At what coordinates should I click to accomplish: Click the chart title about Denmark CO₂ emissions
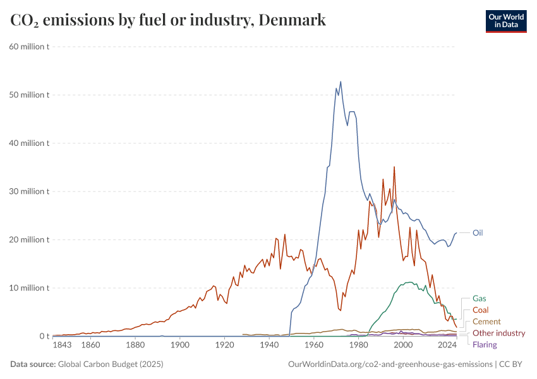(x=168, y=20)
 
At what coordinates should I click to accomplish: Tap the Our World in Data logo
(x=505, y=21)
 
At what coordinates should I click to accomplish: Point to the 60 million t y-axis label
(x=30, y=47)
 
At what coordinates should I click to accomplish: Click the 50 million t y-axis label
(x=30, y=95)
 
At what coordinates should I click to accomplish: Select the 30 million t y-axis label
(x=30, y=191)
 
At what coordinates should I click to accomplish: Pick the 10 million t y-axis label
(x=30, y=288)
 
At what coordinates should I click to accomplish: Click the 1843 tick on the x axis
(x=61, y=346)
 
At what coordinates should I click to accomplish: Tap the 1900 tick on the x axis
(x=180, y=346)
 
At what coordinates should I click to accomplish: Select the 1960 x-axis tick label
(x=314, y=346)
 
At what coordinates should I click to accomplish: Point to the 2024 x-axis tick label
(x=447, y=346)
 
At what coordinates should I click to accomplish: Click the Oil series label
(x=478, y=232)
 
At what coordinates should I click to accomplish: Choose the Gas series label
(x=480, y=298)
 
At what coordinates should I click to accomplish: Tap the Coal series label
(x=481, y=310)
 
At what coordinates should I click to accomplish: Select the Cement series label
(x=486, y=322)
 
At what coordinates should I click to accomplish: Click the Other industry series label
(x=499, y=333)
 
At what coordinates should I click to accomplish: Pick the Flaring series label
(x=485, y=344)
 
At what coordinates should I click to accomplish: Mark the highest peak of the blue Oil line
(x=341, y=81)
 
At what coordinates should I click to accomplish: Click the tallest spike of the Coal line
(x=394, y=167)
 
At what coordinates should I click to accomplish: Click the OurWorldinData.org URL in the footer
(x=390, y=364)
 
